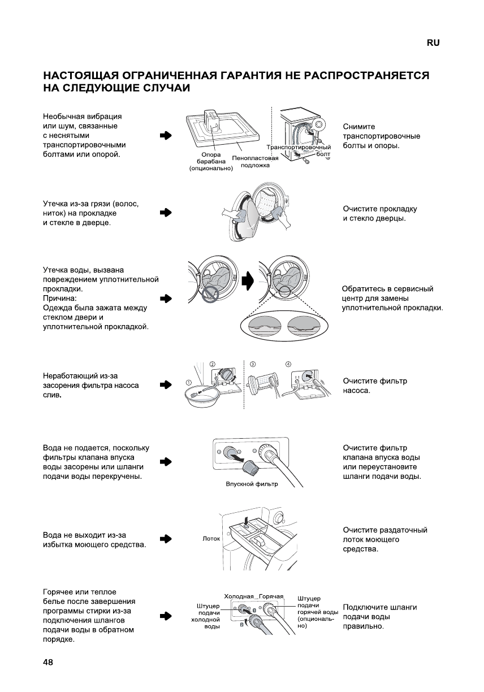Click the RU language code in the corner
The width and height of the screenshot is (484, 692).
(x=433, y=43)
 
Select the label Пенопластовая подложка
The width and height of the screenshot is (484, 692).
(x=255, y=162)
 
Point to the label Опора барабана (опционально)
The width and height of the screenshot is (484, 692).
(x=211, y=161)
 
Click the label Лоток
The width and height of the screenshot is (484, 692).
(x=211, y=539)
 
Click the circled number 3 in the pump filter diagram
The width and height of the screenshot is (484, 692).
(x=253, y=364)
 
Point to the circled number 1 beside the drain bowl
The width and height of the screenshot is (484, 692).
(x=188, y=383)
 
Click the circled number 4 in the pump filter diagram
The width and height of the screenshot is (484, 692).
(x=288, y=364)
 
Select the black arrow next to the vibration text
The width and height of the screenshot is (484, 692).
(x=165, y=136)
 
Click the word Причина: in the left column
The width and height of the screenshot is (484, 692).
(x=60, y=298)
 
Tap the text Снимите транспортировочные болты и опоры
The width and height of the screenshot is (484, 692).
(x=381, y=136)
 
